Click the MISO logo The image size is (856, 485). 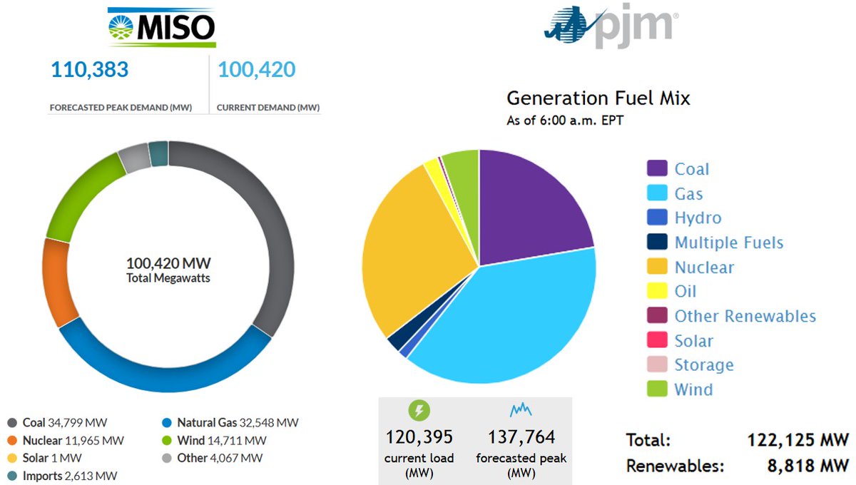(162, 27)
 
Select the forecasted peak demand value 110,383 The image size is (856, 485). (90, 70)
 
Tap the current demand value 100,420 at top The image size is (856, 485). (257, 70)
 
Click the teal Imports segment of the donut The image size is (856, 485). (158, 153)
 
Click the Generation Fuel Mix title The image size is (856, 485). (598, 98)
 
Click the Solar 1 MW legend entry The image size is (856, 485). (45, 458)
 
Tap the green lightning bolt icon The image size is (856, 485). (419, 410)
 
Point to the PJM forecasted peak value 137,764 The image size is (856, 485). (521, 436)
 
